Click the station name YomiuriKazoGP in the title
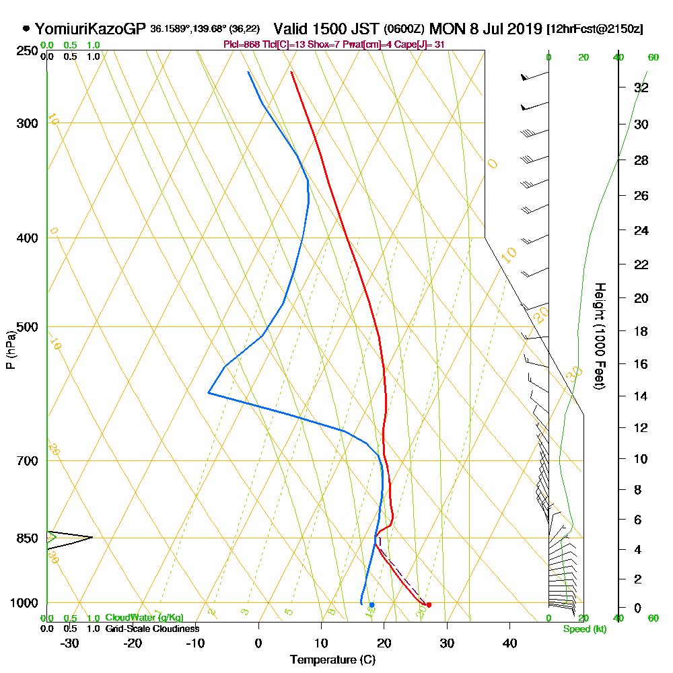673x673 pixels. pos(90,29)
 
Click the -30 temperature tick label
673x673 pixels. pos(69,643)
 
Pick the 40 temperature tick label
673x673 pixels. pos(510,643)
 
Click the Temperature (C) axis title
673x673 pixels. pos(332,660)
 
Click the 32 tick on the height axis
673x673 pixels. pos(641,87)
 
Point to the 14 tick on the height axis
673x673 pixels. pos(641,396)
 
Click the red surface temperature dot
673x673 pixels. pos(429,605)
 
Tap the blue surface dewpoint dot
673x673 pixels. pos(371,605)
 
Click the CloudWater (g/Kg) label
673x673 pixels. pos(144,618)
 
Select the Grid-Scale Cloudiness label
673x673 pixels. pos(152,629)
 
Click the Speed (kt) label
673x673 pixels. pos(583,629)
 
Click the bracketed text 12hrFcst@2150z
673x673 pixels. pos(595,30)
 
